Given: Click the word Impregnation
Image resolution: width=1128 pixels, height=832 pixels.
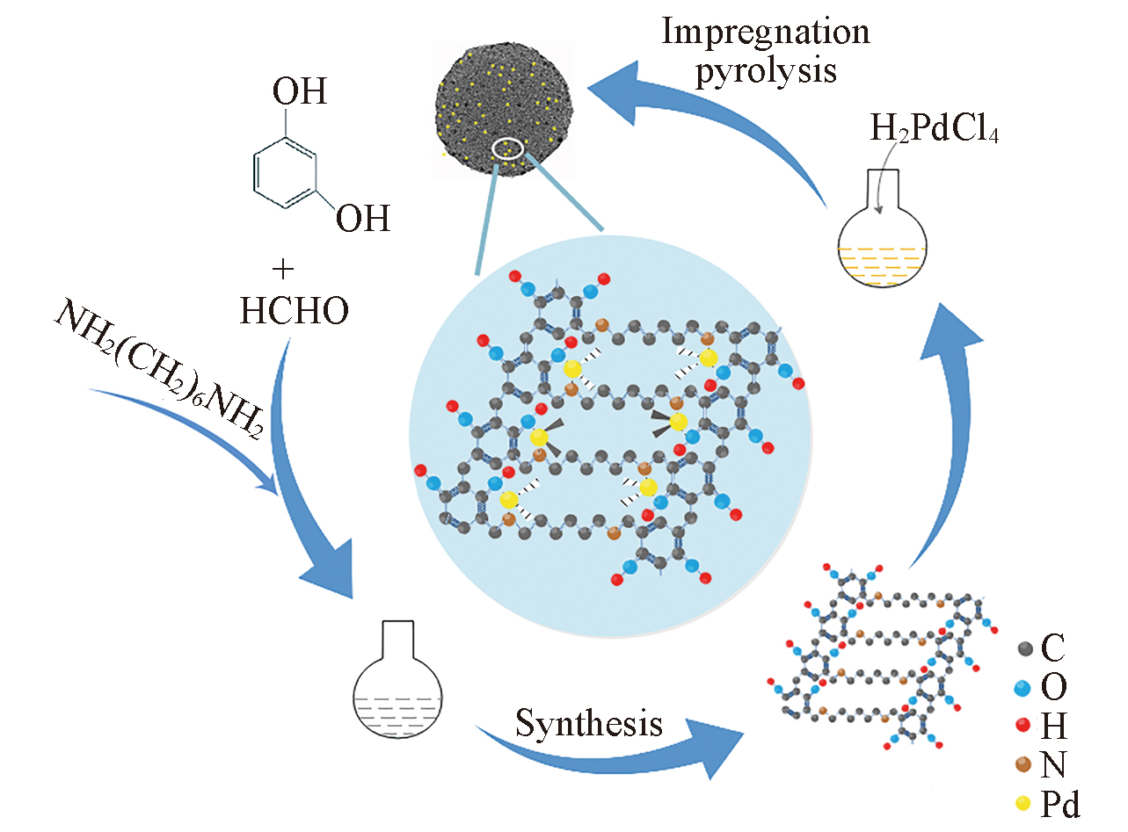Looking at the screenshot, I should [x=765, y=33].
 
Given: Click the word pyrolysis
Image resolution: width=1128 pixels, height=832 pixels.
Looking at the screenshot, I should [x=765, y=70].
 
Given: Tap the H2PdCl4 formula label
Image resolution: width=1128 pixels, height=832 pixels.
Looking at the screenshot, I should [x=935, y=134].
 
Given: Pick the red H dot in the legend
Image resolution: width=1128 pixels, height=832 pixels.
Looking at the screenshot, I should [x=1023, y=726].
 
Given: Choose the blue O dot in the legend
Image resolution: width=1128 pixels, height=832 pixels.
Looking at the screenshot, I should [x=1023, y=687].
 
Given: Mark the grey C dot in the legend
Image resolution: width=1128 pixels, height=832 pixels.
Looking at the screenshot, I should [x=1023, y=649].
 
